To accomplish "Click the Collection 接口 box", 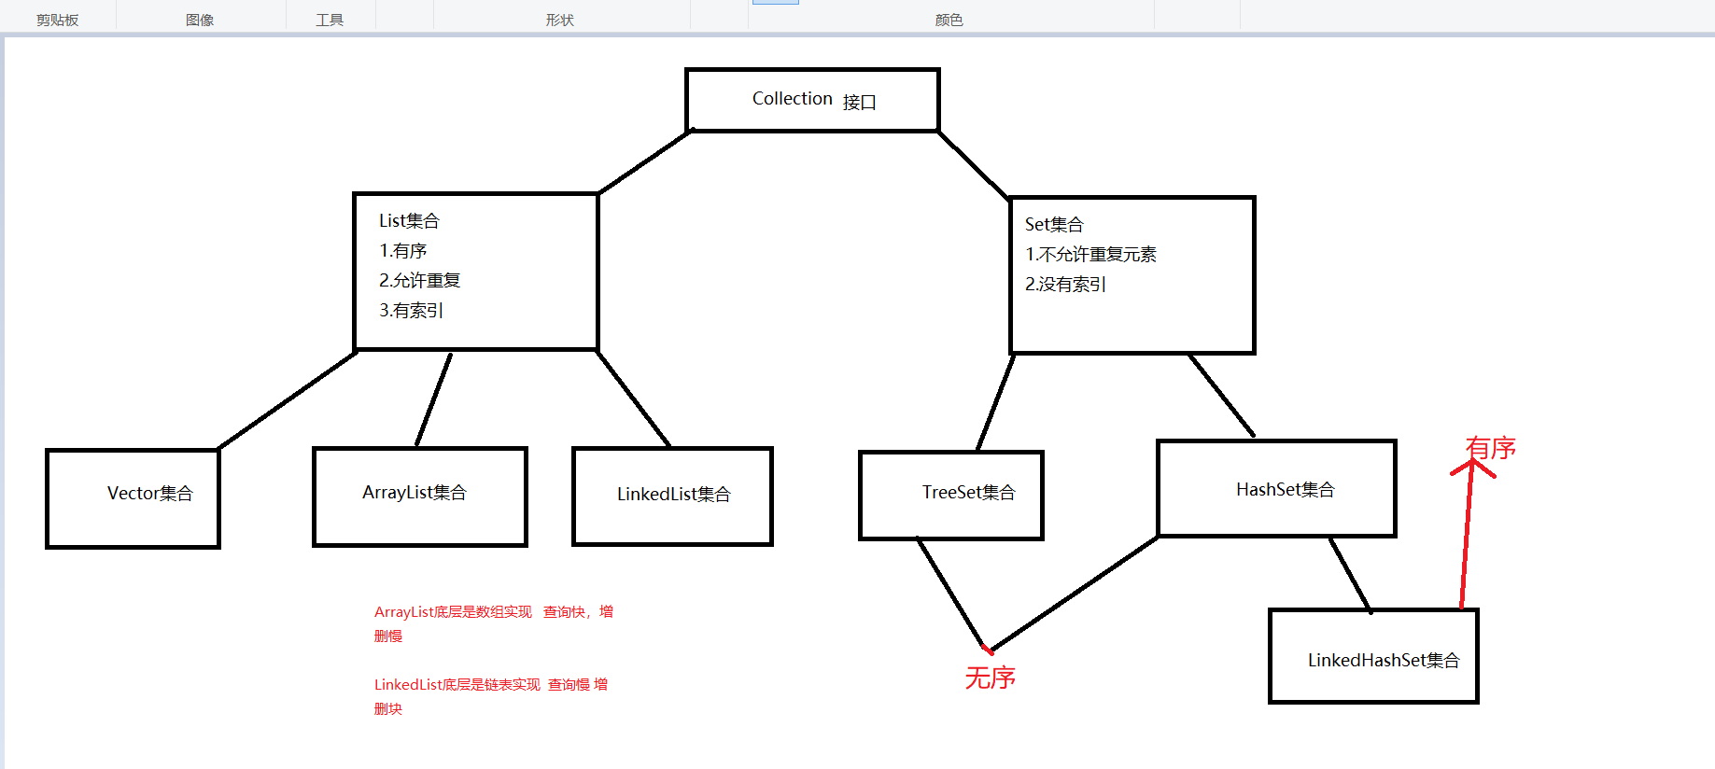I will (811, 100).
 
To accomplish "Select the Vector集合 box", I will (133, 497).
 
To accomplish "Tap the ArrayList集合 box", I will (419, 496).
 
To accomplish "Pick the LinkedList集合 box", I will (672, 496).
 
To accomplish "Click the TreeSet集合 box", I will (950, 495).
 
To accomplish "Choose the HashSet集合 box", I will (1276, 489).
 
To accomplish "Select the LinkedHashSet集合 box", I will (1373, 656).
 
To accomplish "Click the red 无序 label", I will (990, 678).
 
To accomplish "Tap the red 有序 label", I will (1491, 449).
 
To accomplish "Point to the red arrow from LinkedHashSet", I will (1466, 541).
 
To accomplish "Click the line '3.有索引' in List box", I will (411, 311).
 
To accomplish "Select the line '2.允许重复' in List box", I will (419, 281).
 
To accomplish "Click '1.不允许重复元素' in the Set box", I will (1090, 255).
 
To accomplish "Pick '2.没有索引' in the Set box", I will (1065, 285).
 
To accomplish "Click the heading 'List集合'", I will (409, 221).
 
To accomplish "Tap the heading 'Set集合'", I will (1054, 225).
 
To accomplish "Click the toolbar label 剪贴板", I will (57, 20).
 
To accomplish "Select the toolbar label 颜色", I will (949, 20).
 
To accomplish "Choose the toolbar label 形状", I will (559, 20).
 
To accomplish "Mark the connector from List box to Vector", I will (288, 400).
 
